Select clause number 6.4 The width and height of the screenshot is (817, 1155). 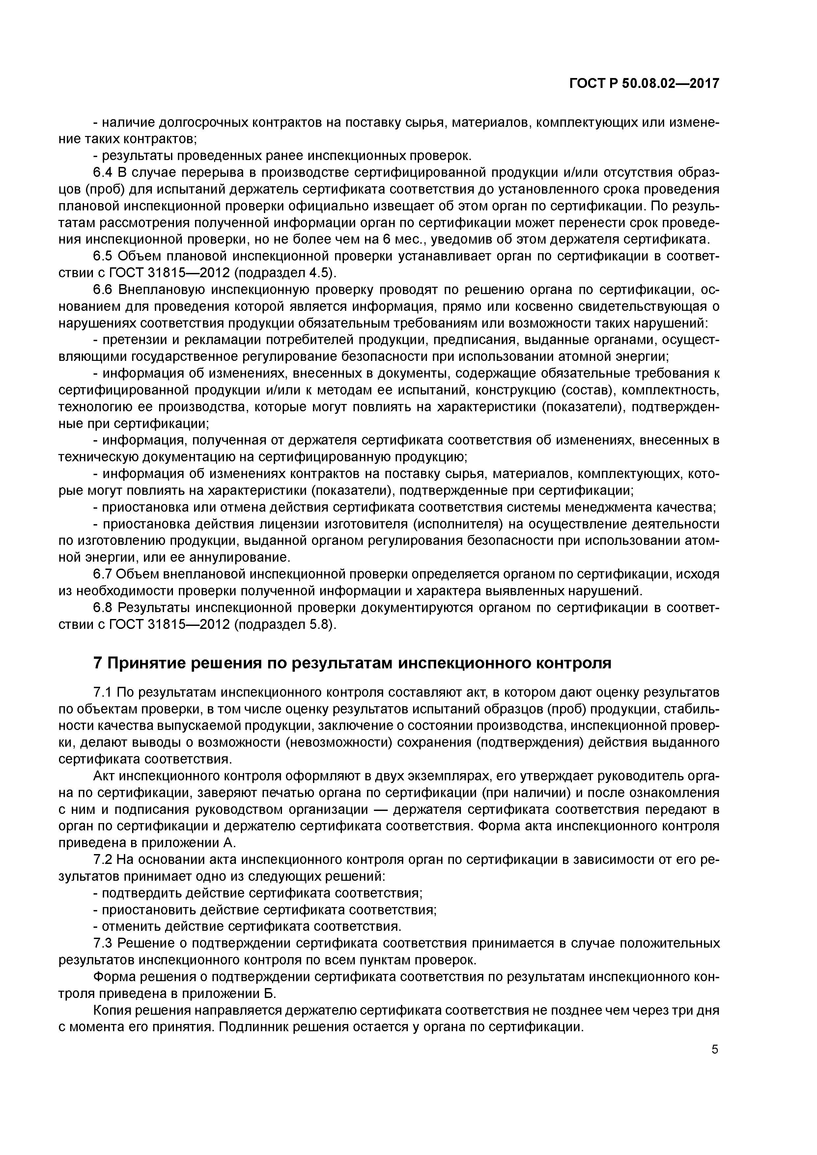pyautogui.click(x=103, y=173)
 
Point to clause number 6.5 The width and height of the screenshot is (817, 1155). pyautogui.click(x=103, y=256)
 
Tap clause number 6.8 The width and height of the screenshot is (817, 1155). pyautogui.click(x=103, y=608)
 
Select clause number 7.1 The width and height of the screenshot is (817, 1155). pyautogui.click(x=103, y=693)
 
